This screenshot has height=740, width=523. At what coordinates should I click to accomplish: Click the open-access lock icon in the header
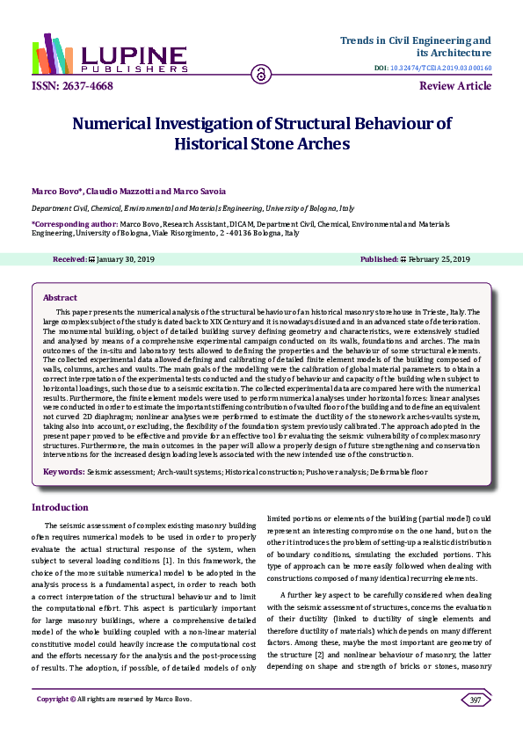click(x=260, y=75)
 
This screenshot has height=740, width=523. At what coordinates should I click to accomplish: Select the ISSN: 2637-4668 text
click(x=68, y=86)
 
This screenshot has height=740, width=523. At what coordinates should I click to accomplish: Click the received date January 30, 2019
click(x=127, y=259)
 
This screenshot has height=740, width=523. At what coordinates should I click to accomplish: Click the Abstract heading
click(x=60, y=298)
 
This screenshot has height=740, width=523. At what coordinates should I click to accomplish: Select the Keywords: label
click(x=64, y=472)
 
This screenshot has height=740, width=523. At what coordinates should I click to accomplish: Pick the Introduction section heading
click(x=60, y=507)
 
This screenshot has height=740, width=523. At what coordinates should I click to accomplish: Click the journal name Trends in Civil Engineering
click(x=415, y=40)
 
